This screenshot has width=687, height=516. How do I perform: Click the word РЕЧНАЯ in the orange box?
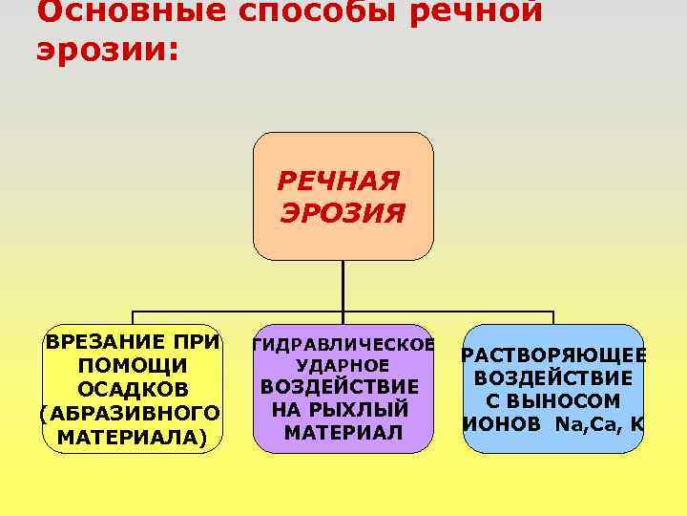[x=339, y=181]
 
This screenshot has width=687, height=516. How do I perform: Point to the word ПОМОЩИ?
[x=133, y=365]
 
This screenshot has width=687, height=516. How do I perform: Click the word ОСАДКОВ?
[x=133, y=389]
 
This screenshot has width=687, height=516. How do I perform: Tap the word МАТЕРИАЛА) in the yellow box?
[x=132, y=437]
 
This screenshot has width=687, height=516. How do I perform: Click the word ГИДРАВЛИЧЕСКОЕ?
[x=343, y=344]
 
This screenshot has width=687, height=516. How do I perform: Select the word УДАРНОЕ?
[x=343, y=365]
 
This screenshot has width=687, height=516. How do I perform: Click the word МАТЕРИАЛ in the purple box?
[x=343, y=433]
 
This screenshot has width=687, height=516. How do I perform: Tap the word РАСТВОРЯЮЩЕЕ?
[x=553, y=355]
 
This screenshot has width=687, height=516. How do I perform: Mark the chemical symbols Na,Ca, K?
[x=600, y=423]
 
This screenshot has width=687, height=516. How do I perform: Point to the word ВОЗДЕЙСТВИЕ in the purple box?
[x=340, y=386]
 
